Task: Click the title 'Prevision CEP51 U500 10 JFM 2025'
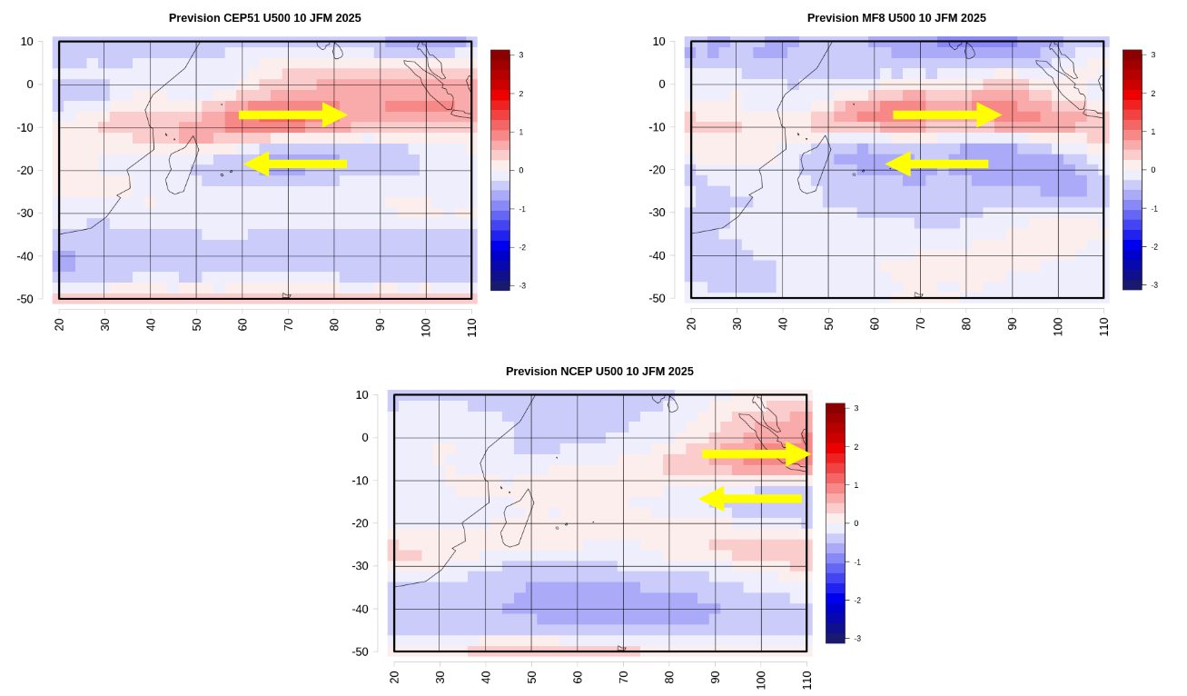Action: pos(264,18)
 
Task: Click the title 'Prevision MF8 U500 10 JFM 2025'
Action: pos(896,18)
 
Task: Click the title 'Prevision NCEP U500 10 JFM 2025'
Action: pos(599,372)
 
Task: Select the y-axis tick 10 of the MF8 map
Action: pos(659,42)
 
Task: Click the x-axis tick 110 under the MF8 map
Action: pos(1104,324)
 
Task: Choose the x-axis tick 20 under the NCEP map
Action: pos(394,677)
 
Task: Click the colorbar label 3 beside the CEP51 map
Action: pos(521,55)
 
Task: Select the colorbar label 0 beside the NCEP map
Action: pos(856,523)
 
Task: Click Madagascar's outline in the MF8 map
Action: pos(814,164)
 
